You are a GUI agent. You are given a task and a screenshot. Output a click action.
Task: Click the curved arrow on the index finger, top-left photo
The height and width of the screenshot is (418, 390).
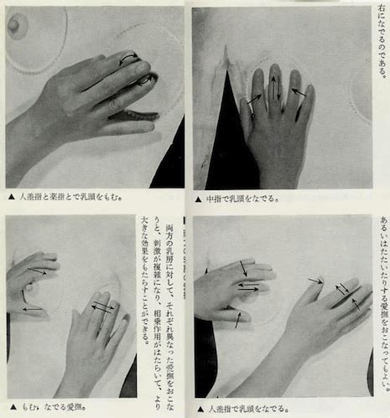tap(128, 58)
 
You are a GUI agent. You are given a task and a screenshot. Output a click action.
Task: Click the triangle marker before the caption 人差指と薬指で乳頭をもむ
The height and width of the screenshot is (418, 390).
tap(10, 198)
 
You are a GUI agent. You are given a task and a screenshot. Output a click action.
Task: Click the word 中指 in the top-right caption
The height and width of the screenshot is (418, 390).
tap(215, 199)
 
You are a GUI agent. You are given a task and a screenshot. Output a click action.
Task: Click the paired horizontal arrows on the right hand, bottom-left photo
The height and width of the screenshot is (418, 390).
tap(102, 307)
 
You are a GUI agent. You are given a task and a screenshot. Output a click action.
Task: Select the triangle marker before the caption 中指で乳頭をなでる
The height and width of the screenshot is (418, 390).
tap(198, 199)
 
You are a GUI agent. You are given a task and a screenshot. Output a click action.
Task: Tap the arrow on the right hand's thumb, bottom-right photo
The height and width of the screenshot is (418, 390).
tap(315, 281)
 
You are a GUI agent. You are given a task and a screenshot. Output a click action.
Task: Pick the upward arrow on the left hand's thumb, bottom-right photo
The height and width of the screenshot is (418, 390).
tap(238, 319)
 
